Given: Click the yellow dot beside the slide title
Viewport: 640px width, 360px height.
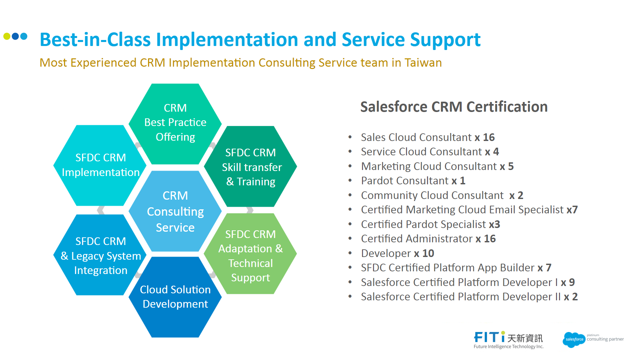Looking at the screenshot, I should (7, 36).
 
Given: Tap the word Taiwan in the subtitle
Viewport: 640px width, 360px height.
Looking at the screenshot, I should (423, 63).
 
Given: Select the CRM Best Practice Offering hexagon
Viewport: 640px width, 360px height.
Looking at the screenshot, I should (175, 123).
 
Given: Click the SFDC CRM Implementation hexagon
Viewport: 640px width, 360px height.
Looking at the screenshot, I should (100, 165).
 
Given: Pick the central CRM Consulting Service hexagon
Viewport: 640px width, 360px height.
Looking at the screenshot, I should (175, 211).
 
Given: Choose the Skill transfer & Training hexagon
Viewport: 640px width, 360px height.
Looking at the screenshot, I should (251, 167).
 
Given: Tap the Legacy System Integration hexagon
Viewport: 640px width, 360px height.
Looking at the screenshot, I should (100, 256).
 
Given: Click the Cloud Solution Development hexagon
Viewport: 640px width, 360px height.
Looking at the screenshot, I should (175, 297).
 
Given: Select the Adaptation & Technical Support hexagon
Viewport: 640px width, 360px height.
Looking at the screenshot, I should (251, 256).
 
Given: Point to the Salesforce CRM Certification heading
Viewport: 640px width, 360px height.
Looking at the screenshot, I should (454, 107).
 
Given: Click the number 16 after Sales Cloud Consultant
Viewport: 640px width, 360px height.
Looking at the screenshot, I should (489, 137).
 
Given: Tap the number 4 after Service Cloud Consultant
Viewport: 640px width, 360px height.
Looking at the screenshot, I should (496, 152).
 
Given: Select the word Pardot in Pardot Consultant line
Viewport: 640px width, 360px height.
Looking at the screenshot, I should (376, 181).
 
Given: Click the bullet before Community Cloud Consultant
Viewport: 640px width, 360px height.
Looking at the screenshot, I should (350, 195).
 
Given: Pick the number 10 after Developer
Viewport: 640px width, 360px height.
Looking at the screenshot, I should (428, 253).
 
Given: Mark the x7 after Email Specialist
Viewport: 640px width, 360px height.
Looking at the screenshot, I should (572, 210).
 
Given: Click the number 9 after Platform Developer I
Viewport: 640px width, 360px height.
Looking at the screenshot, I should (572, 282).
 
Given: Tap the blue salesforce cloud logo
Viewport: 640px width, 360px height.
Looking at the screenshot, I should (574, 339).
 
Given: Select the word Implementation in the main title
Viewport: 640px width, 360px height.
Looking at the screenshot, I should (227, 40).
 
